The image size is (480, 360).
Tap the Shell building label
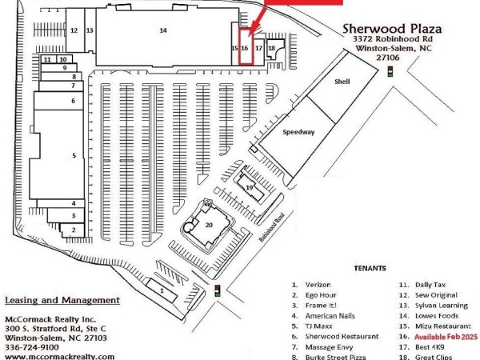coord(342,82)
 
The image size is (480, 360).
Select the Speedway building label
coord(298,131)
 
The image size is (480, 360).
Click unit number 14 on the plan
coord(163,30)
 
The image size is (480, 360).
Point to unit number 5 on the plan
coord(74,154)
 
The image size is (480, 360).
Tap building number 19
coord(250,187)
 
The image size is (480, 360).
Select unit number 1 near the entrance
coord(162,291)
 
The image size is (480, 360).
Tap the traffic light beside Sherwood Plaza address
coord(390,72)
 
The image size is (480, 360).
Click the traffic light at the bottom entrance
coord(218,291)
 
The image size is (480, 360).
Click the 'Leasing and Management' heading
coord(62,301)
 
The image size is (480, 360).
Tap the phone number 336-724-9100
coord(32,347)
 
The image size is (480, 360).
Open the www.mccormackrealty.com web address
coord(59,356)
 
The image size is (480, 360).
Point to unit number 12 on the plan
coord(73,30)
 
